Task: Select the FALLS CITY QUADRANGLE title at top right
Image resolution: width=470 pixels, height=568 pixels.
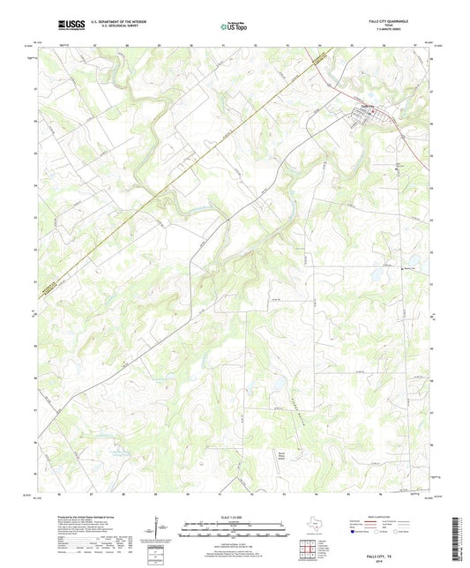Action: [406, 24]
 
